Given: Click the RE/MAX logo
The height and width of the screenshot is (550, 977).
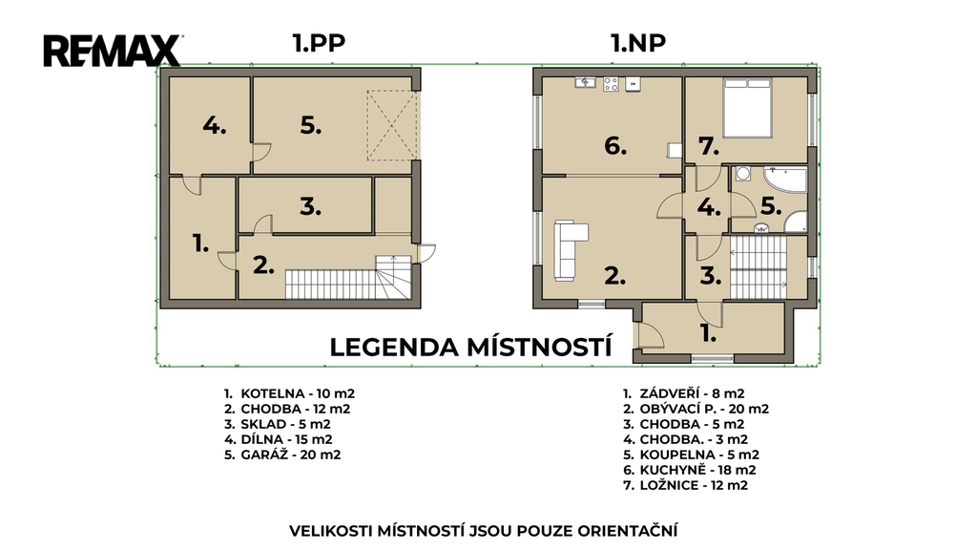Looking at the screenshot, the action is pos(113,51).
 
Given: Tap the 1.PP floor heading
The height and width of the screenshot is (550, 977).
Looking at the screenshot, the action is pos(319,43).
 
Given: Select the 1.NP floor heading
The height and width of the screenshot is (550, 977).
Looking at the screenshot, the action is pos(638,43).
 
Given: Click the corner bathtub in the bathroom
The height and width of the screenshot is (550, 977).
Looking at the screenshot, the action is pos(785,179).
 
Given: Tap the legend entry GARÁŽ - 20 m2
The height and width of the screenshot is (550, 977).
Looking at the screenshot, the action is pos(282,455).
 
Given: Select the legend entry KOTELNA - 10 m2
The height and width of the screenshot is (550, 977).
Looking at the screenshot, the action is pos(289,393).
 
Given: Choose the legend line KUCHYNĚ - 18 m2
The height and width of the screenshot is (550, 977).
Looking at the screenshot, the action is pos(690,470).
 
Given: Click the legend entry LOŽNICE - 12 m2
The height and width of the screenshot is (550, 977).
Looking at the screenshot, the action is pos(685,485).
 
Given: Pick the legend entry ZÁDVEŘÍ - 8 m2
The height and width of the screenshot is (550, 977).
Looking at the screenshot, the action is pos(683,393).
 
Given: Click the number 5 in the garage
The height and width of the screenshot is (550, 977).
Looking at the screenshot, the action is pos(310,126).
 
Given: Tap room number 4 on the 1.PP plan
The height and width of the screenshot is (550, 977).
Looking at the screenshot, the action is pos(214,126).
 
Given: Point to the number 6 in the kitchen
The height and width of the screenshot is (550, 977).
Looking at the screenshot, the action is pos(615,146).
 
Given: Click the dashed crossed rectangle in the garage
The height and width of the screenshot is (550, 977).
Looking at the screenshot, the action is pos(392,125).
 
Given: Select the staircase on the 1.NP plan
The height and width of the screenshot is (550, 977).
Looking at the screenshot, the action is pos(759,267).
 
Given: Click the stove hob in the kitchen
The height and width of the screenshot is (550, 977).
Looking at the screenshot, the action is pos(611,84).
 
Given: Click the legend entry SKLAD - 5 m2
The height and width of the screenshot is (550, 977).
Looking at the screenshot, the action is pos(278,424).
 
